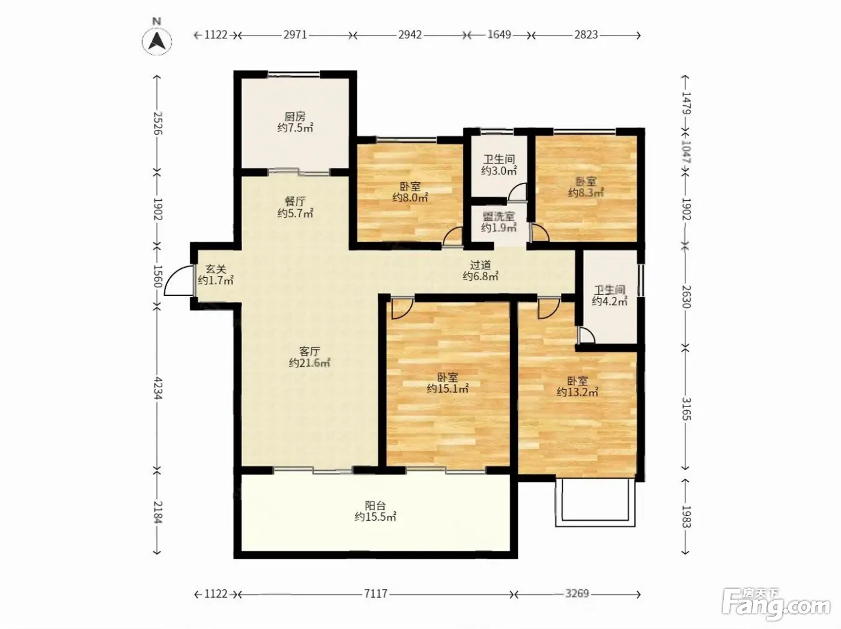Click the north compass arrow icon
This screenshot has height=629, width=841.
tap(157, 41)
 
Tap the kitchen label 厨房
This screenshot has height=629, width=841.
tap(295, 116)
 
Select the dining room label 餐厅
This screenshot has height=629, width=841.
tap(295, 201)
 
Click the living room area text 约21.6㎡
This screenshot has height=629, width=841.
tap(309, 363)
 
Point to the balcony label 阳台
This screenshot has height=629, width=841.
tap(375, 506)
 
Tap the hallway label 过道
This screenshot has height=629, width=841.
tap(481, 265)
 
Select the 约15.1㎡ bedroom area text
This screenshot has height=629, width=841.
tap(448, 388)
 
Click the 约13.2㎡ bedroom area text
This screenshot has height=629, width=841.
tap(578, 392)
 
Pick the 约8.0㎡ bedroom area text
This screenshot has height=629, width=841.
tap(410, 197)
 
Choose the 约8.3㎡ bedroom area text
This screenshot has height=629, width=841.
tap(586, 192)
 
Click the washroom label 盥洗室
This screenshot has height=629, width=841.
tap(499, 216)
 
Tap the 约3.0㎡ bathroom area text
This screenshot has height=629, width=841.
tap(499, 170)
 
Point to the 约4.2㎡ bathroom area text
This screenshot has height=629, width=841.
tap(610, 301)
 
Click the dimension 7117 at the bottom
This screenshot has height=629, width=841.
tap(376, 594)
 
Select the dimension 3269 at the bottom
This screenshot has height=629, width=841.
tap(577, 594)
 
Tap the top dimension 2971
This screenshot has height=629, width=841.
tap(296, 35)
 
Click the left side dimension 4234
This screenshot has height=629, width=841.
tap(158, 388)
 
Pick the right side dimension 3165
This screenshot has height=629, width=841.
tap(686, 409)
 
